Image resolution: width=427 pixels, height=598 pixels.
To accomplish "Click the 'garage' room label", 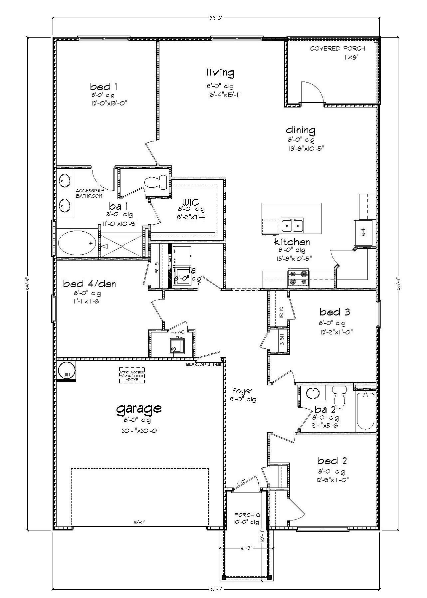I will (139, 408).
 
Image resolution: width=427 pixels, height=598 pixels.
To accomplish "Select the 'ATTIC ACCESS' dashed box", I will (132, 375).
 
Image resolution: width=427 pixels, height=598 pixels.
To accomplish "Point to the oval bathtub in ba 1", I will (76, 242).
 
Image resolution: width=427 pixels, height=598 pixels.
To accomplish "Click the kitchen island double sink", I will (292, 226).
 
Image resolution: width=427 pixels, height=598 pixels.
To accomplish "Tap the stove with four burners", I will (299, 278).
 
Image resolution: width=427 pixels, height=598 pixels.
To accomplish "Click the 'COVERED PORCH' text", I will (337, 49).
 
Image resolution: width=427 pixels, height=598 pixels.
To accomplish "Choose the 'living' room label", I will (220, 72).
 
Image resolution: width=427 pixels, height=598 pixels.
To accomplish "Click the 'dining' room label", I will (301, 130).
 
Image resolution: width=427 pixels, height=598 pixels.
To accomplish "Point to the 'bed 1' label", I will (104, 87).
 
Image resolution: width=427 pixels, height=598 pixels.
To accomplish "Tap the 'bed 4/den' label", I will (90, 284).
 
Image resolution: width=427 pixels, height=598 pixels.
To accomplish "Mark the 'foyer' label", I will (242, 391).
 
